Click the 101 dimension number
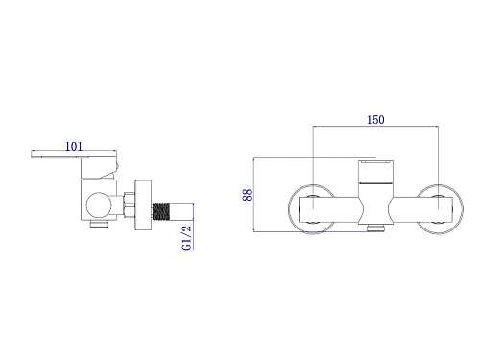[x=74, y=146]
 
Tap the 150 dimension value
[x=375, y=120]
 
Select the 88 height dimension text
[x=247, y=195]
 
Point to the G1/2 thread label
[x=186, y=238]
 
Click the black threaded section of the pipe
[x=160, y=211]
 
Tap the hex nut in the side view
[x=130, y=204]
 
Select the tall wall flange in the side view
[x=143, y=205]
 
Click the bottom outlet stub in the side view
[x=99, y=224]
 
